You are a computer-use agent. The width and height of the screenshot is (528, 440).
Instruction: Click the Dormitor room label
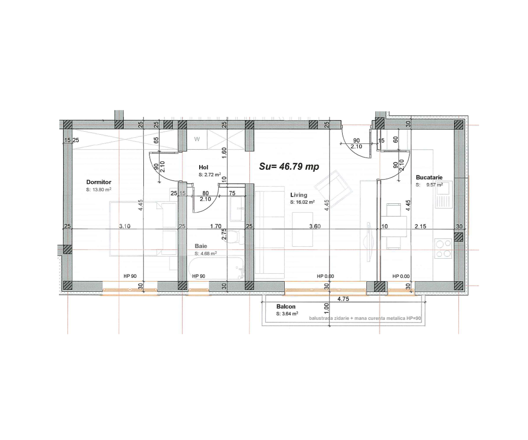(99, 182)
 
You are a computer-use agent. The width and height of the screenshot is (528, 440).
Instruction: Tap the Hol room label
(203, 167)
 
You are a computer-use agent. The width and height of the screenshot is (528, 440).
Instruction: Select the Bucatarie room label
(429, 177)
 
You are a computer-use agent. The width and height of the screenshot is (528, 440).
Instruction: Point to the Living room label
(299, 194)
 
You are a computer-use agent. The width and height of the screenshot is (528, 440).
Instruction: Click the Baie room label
(201, 246)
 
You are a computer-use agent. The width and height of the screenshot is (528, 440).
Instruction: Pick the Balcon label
(286, 307)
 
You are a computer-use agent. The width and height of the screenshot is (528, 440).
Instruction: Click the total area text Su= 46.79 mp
(289, 167)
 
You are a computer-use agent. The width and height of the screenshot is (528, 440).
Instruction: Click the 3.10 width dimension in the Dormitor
(125, 226)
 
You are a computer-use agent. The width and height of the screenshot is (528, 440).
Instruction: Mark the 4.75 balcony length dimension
(343, 299)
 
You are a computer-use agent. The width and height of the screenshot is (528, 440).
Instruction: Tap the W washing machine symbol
(197, 139)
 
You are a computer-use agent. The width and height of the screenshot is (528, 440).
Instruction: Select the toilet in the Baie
(237, 237)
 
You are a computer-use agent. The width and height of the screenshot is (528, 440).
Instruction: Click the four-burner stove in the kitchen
(443, 248)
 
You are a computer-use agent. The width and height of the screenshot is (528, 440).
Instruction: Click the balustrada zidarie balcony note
(365, 318)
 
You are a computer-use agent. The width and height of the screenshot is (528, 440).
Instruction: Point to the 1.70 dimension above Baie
(216, 226)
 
